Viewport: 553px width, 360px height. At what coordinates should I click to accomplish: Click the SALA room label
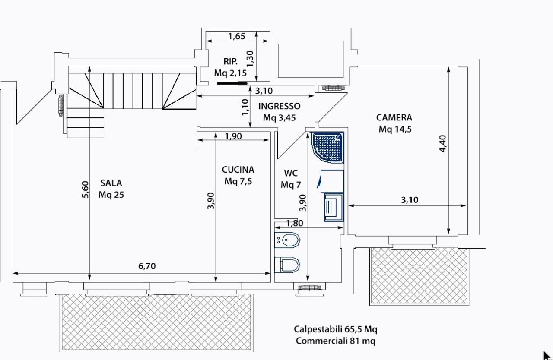(111, 183)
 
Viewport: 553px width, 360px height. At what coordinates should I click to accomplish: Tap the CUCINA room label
(238, 170)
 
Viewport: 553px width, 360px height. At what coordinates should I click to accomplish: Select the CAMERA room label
(394, 117)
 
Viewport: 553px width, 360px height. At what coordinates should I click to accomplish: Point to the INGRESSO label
(280, 106)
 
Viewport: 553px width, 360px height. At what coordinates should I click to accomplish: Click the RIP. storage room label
(231, 61)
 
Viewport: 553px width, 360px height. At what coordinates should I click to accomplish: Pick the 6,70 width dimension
(147, 266)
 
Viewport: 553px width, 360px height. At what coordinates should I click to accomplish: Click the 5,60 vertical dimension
(85, 189)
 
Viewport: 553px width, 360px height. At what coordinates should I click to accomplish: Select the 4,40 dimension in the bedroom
(443, 143)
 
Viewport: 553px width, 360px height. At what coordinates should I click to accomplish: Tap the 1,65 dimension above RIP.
(237, 36)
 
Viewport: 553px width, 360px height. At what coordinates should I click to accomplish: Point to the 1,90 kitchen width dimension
(233, 136)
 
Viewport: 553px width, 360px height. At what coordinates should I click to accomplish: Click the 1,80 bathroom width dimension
(294, 223)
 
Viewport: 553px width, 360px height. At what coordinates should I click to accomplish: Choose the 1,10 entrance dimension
(245, 107)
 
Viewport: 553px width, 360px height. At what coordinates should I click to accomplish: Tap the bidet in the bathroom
(287, 240)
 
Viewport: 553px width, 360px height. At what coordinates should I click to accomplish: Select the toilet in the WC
(287, 265)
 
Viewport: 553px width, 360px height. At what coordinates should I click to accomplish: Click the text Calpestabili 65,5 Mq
(336, 329)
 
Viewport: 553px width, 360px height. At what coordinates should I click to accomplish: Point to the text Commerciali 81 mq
(336, 341)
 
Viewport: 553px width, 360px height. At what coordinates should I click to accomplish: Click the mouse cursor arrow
(547, 355)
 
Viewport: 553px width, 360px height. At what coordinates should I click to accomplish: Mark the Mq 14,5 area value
(395, 129)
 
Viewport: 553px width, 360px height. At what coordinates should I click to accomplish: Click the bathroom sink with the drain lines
(334, 207)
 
